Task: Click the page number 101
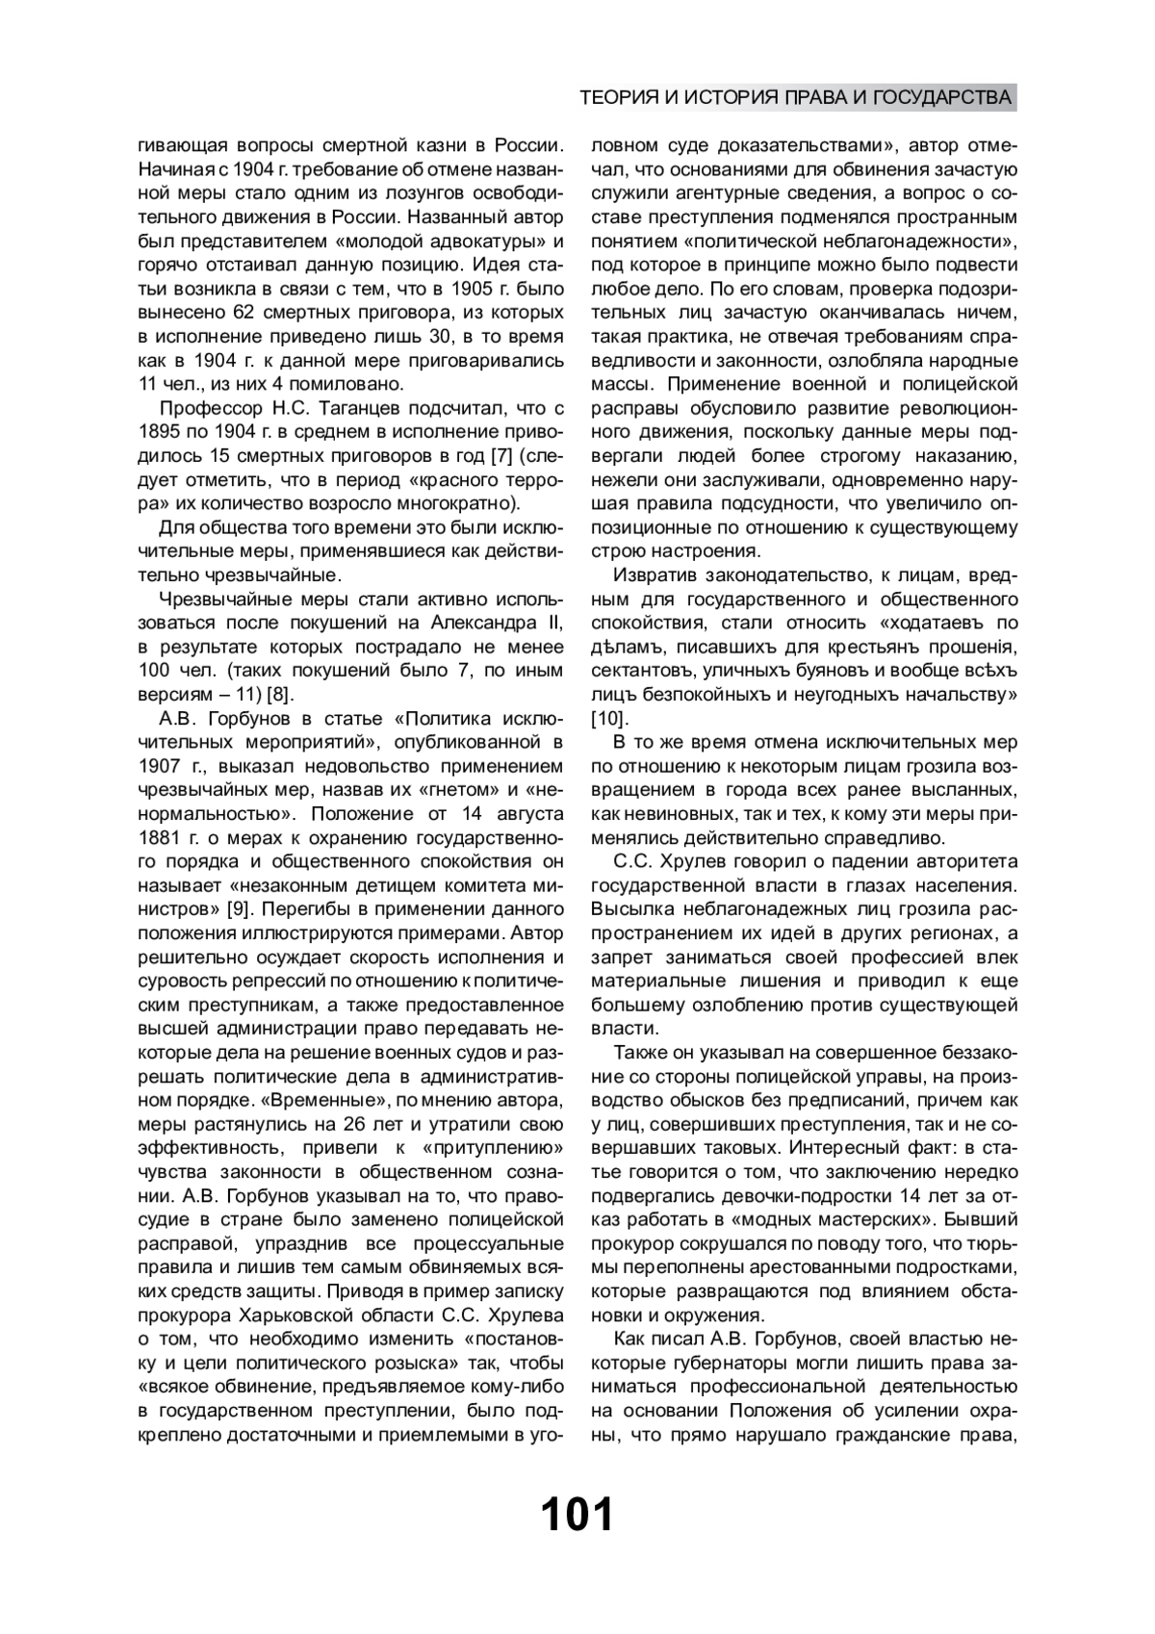[x=577, y=1515]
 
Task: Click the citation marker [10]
[x=608, y=718]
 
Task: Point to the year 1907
[x=159, y=766]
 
